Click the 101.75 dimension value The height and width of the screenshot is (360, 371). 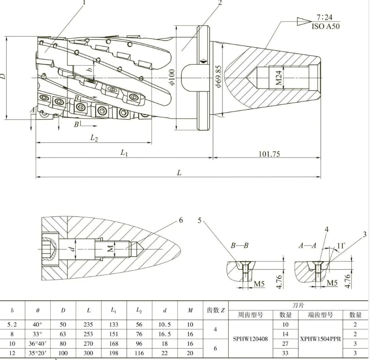click(x=269, y=154)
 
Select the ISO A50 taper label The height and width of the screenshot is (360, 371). click(x=326, y=26)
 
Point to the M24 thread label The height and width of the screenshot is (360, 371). click(x=279, y=79)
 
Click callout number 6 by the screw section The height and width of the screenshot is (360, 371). click(x=181, y=220)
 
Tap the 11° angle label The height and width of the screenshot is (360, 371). click(x=341, y=246)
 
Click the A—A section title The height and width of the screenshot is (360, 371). click(x=308, y=246)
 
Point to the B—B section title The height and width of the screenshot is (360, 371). click(x=239, y=246)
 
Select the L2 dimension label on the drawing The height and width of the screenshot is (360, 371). click(x=94, y=138)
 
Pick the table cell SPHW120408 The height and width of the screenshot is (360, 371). click(x=251, y=339)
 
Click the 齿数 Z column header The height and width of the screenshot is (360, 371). click(x=215, y=310)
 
